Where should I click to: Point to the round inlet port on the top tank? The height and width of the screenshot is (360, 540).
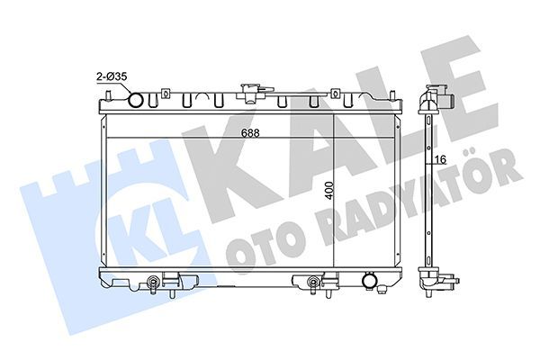point(137,98)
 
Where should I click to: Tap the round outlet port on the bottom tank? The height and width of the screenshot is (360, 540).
point(368,283)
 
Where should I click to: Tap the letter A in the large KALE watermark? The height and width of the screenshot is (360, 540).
point(310,144)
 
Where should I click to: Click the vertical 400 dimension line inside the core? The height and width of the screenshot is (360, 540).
point(336,207)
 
